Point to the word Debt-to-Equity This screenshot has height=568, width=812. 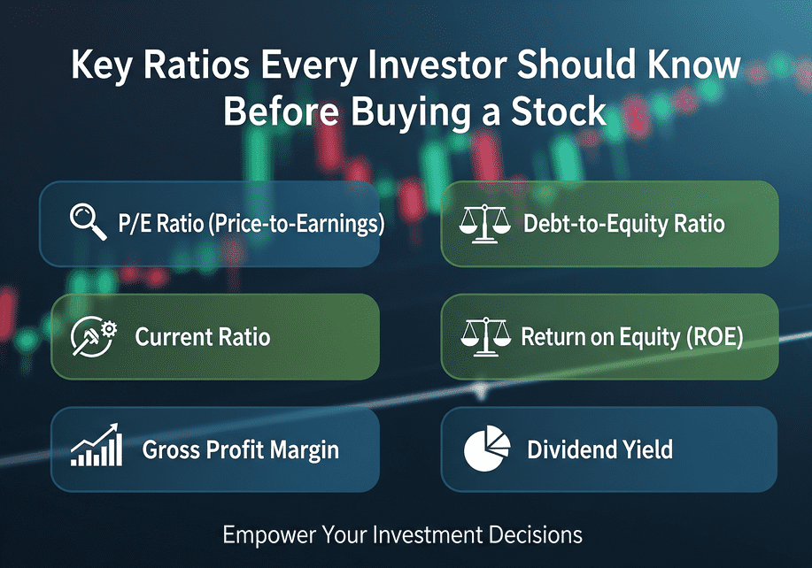pos(596,224)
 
